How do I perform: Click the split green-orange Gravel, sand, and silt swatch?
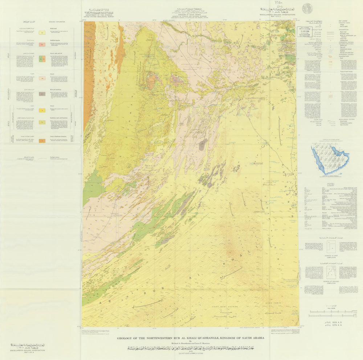pos(42,59)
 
